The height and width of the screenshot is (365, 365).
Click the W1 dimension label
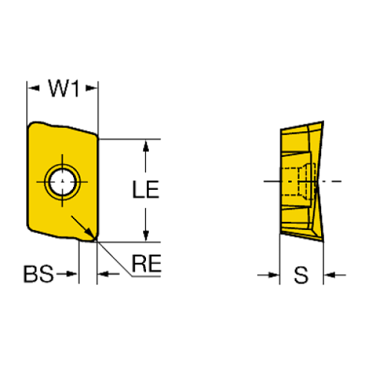(x=64, y=88)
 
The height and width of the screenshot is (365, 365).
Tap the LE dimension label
(x=145, y=189)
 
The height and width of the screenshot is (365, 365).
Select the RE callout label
(x=147, y=263)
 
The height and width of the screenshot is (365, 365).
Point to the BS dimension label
(x=39, y=274)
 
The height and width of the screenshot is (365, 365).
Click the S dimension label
(x=301, y=275)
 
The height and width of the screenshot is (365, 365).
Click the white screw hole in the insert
(x=62, y=182)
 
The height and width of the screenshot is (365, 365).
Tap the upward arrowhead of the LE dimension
(x=146, y=146)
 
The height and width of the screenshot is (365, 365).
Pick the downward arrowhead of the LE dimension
(x=146, y=235)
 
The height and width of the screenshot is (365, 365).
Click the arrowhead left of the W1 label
(x=34, y=88)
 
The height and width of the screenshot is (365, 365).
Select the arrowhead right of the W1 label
(x=92, y=88)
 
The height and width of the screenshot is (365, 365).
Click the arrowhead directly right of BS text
(x=72, y=274)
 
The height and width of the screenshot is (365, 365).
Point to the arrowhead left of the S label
(x=273, y=275)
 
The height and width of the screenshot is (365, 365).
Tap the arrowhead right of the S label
(x=330, y=275)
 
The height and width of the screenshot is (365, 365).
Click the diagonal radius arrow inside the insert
(x=83, y=227)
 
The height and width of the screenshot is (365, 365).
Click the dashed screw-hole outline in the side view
(x=298, y=182)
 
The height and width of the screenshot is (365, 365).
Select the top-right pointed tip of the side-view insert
(x=323, y=121)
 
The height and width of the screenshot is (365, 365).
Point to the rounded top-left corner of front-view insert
(x=32, y=125)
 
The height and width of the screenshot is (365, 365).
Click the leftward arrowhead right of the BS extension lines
(x=104, y=274)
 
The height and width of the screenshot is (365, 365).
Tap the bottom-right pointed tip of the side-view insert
(x=323, y=241)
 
